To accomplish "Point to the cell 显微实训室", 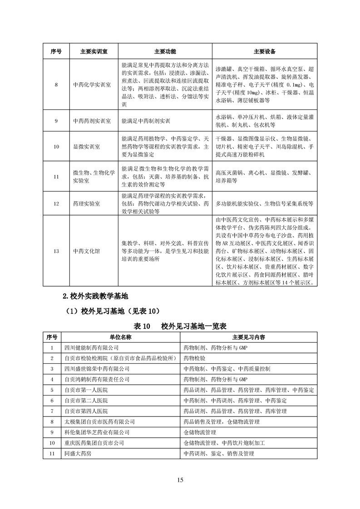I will (86, 147).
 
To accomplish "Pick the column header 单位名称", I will (120, 338).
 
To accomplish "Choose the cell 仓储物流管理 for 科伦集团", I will (200, 432).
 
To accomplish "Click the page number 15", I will (180, 480).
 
